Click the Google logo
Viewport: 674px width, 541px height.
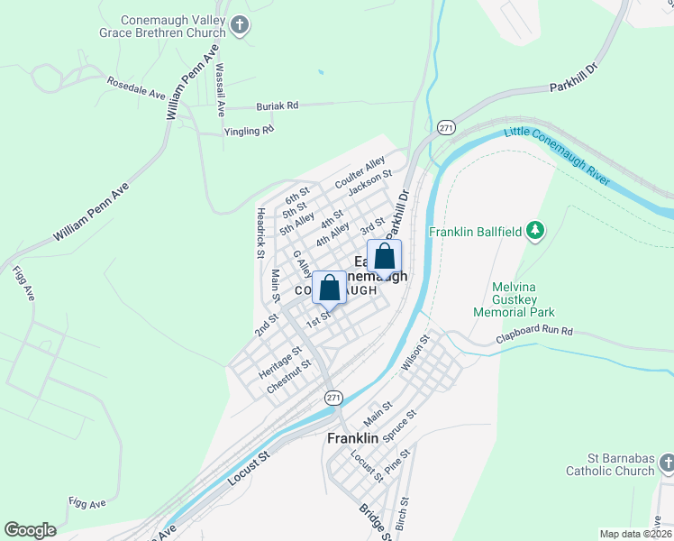(30, 530)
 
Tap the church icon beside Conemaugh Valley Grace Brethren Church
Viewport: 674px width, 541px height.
(240, 24)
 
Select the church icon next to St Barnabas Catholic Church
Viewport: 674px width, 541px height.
(667, 463)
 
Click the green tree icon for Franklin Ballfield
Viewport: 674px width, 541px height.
(535, 232)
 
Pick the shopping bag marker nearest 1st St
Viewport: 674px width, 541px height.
(330, 289)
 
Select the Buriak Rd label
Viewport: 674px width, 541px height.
(277, 105)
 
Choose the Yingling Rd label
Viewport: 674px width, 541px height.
(249, 131)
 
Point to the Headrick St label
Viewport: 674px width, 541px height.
(260, 229)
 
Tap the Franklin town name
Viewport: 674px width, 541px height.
(351, 436)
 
